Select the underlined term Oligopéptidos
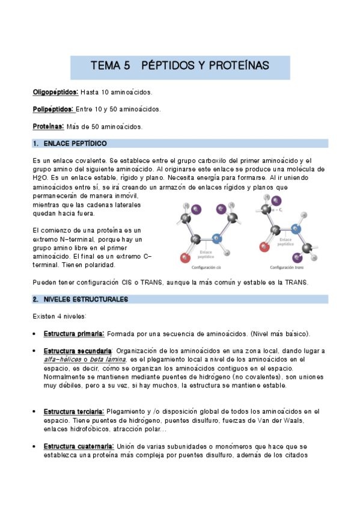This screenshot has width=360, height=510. (55, 93)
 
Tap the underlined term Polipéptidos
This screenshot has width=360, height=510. (53, 109)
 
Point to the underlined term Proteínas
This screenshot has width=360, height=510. (49, 126)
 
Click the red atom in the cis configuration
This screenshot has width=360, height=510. (185, 259)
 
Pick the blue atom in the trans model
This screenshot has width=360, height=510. (295, 229)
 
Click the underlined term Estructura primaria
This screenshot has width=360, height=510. (74, 334)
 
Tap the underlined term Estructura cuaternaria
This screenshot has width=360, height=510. (78, 446)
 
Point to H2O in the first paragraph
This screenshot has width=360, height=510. (40, 178)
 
